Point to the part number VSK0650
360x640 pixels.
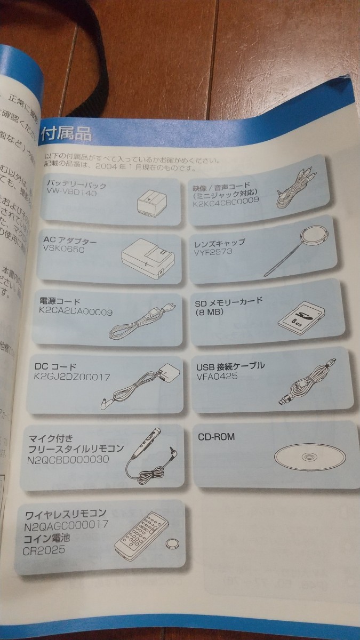65,250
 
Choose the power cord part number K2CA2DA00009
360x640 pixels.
76,311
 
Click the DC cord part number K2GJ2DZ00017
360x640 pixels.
72,377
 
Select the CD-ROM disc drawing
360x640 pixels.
310,457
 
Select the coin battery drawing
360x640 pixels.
172,544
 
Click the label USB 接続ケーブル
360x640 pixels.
230,367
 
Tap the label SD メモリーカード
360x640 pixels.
229,301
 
